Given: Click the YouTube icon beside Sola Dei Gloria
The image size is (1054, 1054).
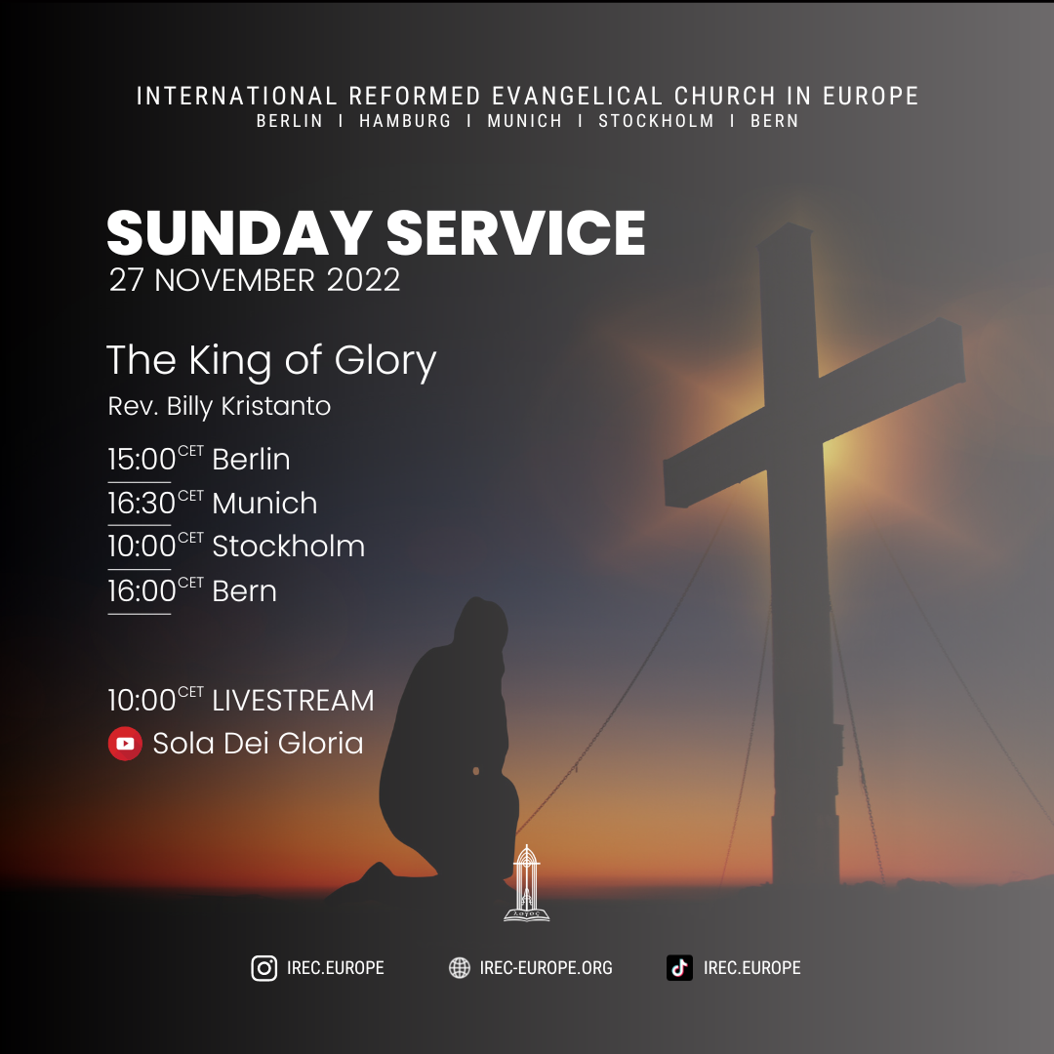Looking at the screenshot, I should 125,744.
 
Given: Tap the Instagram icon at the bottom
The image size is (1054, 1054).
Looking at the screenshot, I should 264,968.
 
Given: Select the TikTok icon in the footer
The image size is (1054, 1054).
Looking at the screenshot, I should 680,968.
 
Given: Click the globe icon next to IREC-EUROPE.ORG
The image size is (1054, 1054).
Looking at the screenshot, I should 459,968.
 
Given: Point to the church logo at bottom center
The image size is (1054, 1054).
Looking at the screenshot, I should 526,883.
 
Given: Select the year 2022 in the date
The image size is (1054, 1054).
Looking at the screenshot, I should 363,280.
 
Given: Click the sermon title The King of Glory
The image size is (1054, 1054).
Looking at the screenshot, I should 271,360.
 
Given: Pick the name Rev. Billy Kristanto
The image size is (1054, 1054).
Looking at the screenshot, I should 220,406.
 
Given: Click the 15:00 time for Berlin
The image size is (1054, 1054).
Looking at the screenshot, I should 142,460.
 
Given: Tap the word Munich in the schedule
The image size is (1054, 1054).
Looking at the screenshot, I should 264,504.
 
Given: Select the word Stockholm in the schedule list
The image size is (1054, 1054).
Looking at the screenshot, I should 288,547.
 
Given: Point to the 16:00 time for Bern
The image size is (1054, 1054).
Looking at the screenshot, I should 142,591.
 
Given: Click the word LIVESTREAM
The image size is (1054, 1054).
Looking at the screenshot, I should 293,701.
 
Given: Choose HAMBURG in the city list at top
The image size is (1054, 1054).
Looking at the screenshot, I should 405,122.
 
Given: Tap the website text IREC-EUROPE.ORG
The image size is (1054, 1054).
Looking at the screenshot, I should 546,968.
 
